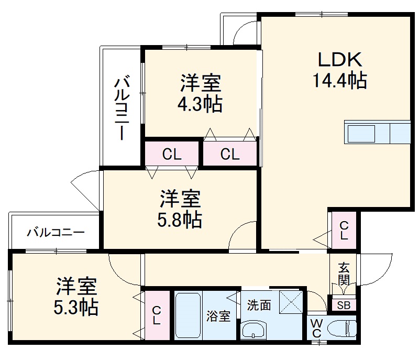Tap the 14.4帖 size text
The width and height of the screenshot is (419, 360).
pyautogui.click(x=339, y=81)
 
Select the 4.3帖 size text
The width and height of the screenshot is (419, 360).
pyautogui.click(x=201, y=103)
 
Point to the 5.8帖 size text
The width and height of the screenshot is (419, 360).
pyautogui.click(x=180, y=220)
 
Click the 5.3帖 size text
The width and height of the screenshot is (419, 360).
pyautogui.click(x=76, y=307)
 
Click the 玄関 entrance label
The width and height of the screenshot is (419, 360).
pyautogui.click(x=344, y=274)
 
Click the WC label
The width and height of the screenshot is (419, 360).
pyautogui.click(x=316, y=328)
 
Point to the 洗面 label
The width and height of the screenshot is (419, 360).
pyautogui.click(x=259, y=305)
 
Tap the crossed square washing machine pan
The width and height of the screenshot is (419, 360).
pyautogui.click(x=291, y=301)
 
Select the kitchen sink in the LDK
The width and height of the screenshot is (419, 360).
pyautogui.click(x=360, y=133)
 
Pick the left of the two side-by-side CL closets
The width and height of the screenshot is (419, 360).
pyautogui.click(x=172, y=154)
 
